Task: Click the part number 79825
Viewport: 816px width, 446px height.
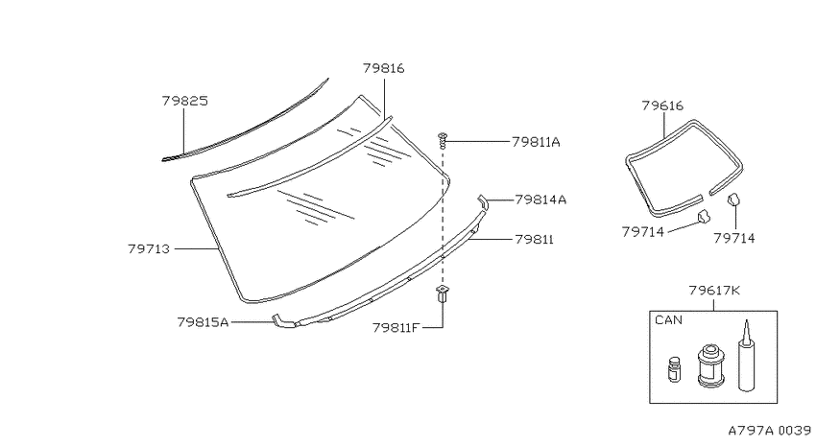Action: pyautogui.click(x=184, y=101)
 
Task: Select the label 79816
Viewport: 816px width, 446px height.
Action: pyautogui.click(x=384, y=68)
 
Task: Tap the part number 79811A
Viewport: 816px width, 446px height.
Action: pyautogui.click(x=536, y=142)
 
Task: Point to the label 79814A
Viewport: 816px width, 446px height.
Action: pyautogui.click(x=540, y=200)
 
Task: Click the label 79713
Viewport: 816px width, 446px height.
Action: pyautogui.click(x=149, y=249)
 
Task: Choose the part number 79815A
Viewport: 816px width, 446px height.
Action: pyautogui.click(x=203, y=322)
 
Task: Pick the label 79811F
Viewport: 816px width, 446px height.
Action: pyautogui.click(x=396, y=328)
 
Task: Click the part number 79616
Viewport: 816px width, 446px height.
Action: pyautogui.click(x=662, y=106)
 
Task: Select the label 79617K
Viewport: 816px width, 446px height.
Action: pyautogui.click(x=714, y=291)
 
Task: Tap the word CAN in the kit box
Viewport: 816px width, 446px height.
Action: pyautogui.click(x=668, y=320)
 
